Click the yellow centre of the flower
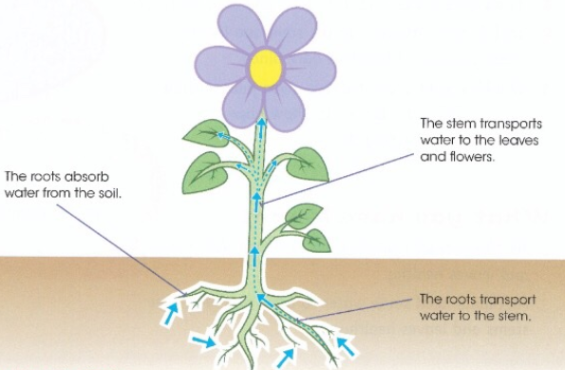265,68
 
